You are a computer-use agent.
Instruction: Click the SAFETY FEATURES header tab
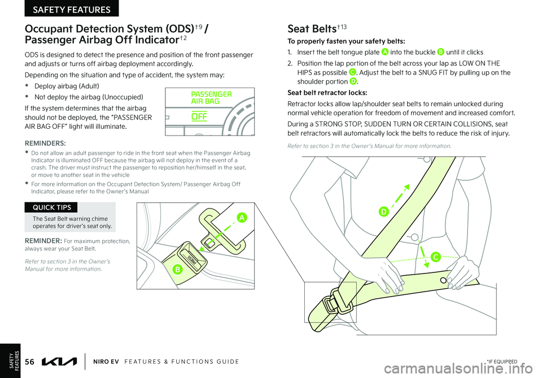coord(72,8)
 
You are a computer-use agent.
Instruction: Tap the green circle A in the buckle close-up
coord(242,217)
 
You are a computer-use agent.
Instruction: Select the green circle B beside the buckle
coord(177,269)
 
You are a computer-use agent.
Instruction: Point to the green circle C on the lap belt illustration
coord(435,257)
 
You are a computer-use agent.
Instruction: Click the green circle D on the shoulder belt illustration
coord(383,211)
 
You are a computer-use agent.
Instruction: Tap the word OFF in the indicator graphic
coord(199,116)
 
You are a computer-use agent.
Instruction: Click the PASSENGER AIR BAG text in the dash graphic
coord(211,98)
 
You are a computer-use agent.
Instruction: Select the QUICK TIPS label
coord(51,207)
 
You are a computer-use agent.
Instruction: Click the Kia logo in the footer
coord(59,362)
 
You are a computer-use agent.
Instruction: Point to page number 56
coord(30,362)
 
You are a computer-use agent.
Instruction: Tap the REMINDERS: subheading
coord(45,143)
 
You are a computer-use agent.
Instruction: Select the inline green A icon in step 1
coord(384,52)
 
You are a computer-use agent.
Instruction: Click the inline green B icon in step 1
coord(440,52)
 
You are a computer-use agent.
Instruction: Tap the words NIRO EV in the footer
coord(106,362)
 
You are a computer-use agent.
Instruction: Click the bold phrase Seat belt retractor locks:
coord(327,93)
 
